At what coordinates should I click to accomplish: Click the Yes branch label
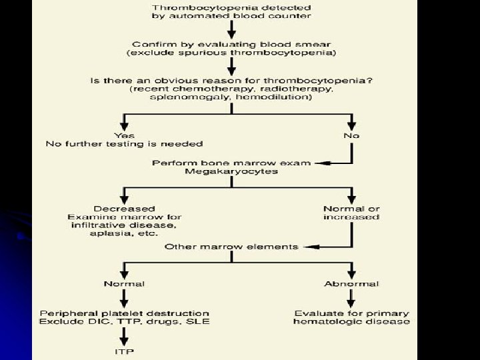pyautogui.click(x=124, y=134)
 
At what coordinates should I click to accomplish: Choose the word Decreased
pyautogui.click(x=125, y=208)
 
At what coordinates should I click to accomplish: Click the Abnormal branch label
pyautogui.click(x=351, y=284)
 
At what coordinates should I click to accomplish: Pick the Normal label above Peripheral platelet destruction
pyautogui.click(x=124, y=284)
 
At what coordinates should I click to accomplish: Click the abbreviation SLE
pyautogui.click(x=198, y=322)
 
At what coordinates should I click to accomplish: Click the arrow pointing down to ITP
pyautogui.click(x=124, y=337)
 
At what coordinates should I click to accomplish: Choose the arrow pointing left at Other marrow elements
pyautogui.click(x=307, y=247)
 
